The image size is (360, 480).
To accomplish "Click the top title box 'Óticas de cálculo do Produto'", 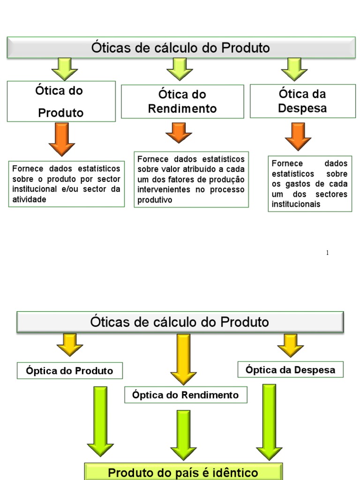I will (180, 47).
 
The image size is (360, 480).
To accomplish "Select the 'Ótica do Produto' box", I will (61, 101).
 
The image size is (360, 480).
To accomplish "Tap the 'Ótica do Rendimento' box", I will (182, 101).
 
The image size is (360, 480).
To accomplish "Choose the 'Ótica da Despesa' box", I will (302, 101).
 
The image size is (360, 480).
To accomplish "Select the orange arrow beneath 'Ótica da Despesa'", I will (298, 136).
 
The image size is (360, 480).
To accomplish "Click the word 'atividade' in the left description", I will (30, 199).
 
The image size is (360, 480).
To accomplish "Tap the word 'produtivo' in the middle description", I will (155, 200).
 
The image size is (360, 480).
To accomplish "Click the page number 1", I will (327, 253).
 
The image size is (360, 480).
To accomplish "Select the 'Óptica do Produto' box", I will (69, 371).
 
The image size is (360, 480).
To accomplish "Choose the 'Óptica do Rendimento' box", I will (185, 395).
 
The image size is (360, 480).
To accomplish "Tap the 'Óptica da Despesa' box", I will (290, 370).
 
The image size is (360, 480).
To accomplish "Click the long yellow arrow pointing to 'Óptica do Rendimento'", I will (183, 359).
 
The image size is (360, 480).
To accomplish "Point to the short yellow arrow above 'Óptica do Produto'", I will (70, 345).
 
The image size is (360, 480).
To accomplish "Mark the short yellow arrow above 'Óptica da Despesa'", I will (291, 345).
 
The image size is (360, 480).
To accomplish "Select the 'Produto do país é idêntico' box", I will (183, 472).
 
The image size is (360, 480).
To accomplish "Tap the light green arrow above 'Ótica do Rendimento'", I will (180, 69).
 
